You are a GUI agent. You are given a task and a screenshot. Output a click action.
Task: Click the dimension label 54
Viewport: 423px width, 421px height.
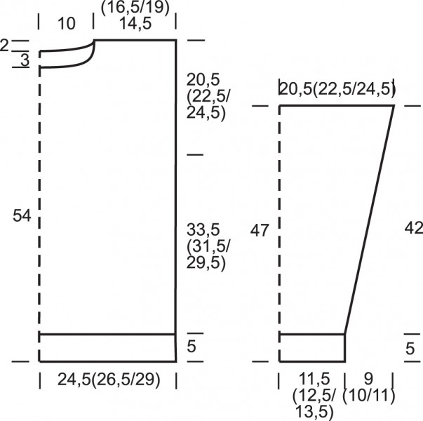coord(22,216)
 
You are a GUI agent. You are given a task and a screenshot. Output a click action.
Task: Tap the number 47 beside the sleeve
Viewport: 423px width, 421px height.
coord(260,231)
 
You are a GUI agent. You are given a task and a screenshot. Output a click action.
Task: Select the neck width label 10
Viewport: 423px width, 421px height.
coord(67,23)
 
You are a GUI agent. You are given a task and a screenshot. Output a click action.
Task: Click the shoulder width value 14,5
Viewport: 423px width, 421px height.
coord(135,23)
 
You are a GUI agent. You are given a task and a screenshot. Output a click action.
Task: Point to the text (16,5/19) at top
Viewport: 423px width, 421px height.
coord(135,7)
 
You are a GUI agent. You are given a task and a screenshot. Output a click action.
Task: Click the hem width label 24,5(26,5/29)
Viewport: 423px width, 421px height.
coord(109,379)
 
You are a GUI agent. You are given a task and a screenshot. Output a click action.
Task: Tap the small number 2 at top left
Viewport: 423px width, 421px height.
coord(4,46)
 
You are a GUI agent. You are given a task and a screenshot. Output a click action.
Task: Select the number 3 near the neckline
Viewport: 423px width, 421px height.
coord(25,60)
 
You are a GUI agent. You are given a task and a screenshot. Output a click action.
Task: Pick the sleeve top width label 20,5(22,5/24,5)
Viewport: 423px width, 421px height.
coord(337,89)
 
